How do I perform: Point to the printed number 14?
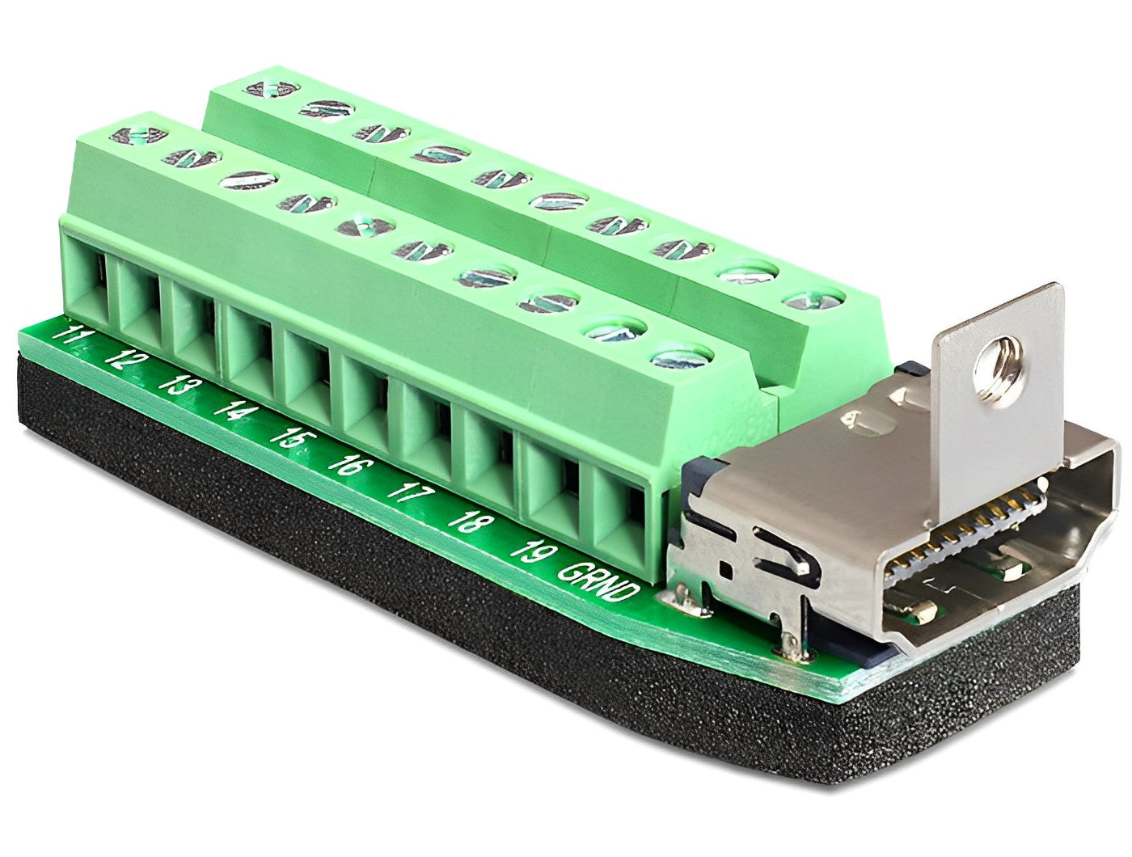click(230, 411)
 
